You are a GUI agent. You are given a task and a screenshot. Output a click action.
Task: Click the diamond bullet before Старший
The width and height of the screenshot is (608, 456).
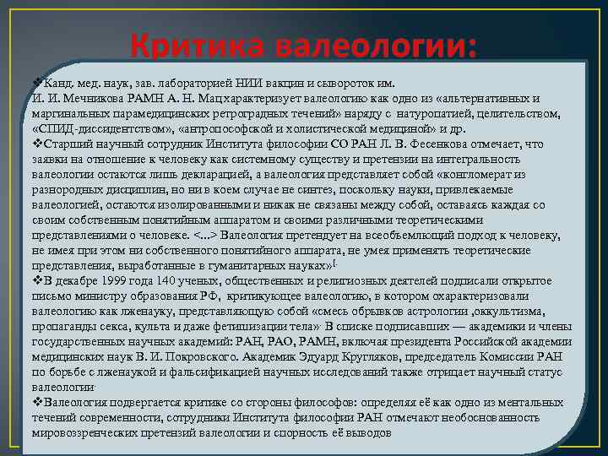pyautogui.click(x=36, y=144)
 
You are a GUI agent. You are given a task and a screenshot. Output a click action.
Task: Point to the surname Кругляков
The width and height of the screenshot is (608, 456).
pyautogui.click(x=394, y=357)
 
